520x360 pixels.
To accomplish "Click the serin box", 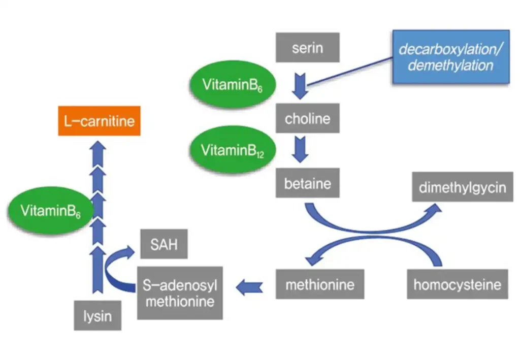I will tap(307, 48).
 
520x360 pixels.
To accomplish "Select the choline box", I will tap(307, 119).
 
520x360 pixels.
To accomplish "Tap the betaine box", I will tap(307, 183).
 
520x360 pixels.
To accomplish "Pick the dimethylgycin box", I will tap(462, 187).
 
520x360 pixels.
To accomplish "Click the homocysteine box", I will tap(457, 284).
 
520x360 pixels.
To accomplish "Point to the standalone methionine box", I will tap(319, 284).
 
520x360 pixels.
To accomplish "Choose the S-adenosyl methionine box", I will tap(180, 293).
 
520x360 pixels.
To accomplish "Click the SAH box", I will tap(164, 245).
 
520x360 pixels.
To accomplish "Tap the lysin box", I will tap(97, 316).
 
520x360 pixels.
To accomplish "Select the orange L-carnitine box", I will tap(99, 121).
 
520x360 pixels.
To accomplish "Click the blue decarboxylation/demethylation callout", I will tap(450, 57).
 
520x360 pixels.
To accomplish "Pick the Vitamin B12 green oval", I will tap(233, 150).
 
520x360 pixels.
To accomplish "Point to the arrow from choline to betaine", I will tap(301, 149).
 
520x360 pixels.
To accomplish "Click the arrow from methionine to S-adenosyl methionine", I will tap(249, 287).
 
